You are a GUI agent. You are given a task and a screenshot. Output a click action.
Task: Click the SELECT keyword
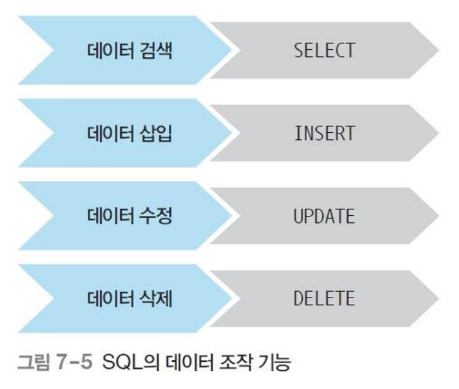[324, 50]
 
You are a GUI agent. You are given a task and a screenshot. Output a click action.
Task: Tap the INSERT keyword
[324, 133]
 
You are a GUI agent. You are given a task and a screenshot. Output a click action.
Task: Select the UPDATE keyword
[324, 216]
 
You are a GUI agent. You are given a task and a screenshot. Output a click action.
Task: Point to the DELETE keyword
[324, 299]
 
